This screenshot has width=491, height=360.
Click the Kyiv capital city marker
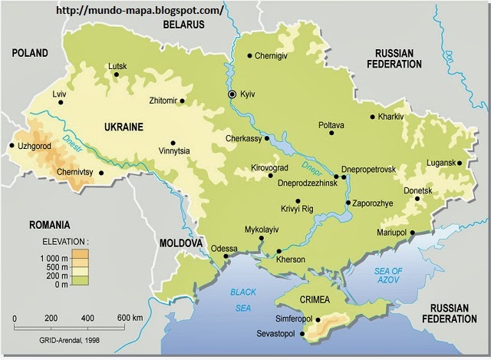point(232,94)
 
